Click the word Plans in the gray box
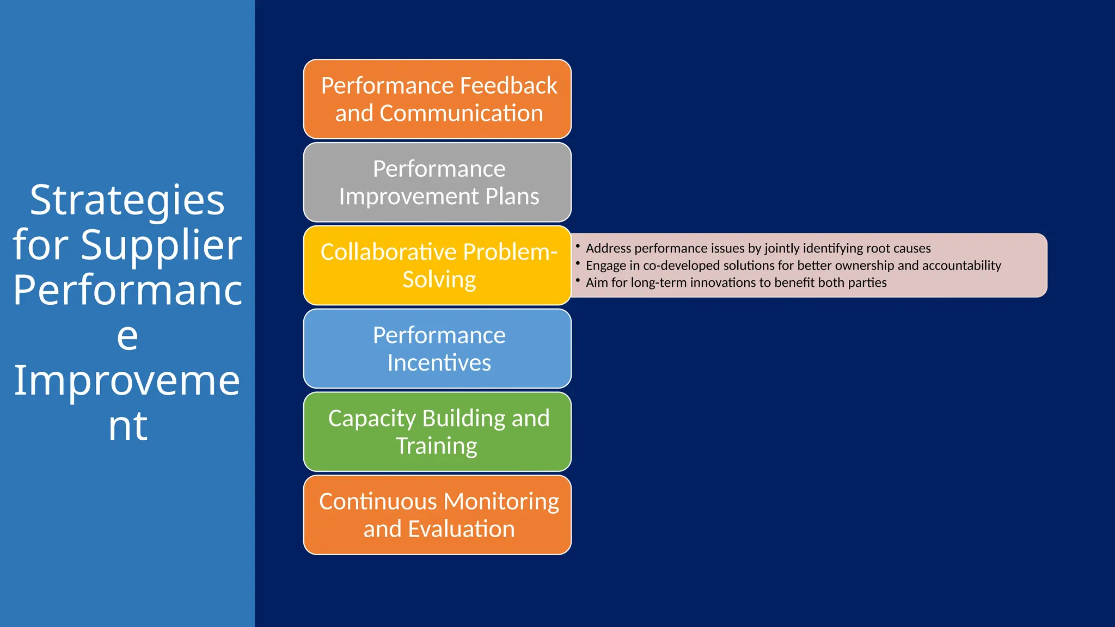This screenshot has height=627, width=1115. coord(512,196)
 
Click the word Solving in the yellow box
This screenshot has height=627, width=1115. coord(439,280)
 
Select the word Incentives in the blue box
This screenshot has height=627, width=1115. coord(439,363)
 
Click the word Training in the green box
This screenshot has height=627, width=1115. coord(436,446)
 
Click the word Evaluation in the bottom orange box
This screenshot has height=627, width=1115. coord(461,530)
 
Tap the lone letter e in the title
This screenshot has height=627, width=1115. coord(127,336)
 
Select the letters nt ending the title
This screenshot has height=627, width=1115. coord(127,426)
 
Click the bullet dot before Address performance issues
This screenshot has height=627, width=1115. coord(578,246)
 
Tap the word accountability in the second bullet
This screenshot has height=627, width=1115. coord(961,266)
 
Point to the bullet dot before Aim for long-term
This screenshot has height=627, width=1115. coord(578,280)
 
